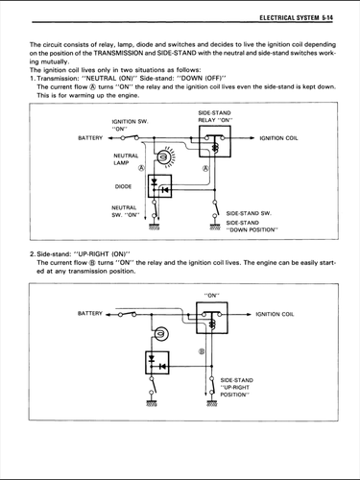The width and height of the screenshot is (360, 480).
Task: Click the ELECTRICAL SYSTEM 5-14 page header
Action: coord(296,17)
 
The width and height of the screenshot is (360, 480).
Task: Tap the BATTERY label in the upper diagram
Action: coord(90,138)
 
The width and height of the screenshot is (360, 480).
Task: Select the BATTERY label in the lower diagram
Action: coord(90,313)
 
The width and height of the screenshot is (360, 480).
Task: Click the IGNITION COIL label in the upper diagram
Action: coord(278,138)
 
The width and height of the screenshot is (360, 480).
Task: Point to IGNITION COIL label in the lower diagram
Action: coord(275,314)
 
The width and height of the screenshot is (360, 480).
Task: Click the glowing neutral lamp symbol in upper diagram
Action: coord(164,157)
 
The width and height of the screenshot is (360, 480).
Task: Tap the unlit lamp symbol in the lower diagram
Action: coord(161,334)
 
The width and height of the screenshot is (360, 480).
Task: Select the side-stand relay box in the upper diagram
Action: coord(215,141)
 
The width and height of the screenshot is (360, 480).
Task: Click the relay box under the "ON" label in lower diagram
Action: coord(212,318)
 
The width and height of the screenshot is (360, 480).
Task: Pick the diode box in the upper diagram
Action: coord(159,186)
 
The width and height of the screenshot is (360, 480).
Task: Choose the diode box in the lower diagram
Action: coord(157,363)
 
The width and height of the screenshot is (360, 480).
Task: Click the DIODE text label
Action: coord(123,186)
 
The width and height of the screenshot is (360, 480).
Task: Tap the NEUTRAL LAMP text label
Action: coord(126,159)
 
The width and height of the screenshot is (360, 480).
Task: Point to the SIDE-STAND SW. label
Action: coord(249,213)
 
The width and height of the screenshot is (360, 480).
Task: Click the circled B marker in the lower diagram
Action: coord(202,351)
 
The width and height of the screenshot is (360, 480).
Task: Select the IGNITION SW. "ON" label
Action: coord(130,125)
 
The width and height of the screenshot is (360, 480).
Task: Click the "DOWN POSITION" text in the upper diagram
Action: coord(252,229)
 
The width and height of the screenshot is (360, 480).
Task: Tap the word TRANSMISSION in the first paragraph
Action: coord(118,53)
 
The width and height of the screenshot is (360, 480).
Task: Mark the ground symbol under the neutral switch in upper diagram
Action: coord(155,227)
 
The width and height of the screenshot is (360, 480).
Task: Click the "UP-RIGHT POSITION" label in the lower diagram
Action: coord(236,388)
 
